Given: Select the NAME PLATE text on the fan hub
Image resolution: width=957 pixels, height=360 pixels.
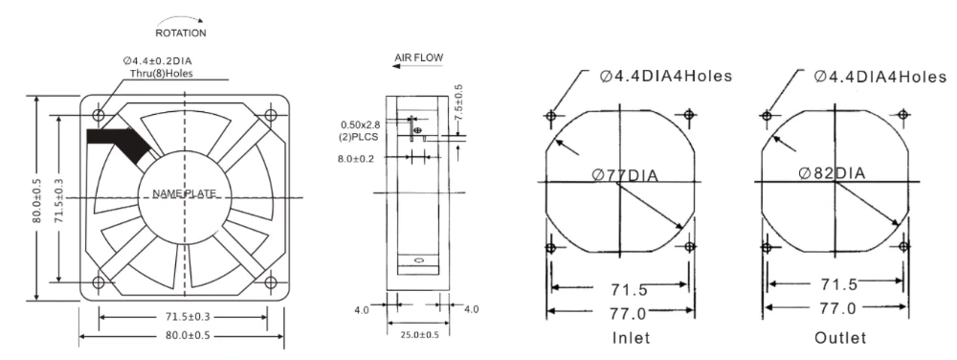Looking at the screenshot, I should point(185,194).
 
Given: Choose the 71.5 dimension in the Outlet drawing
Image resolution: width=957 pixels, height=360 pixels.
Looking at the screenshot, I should point(835,285).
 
